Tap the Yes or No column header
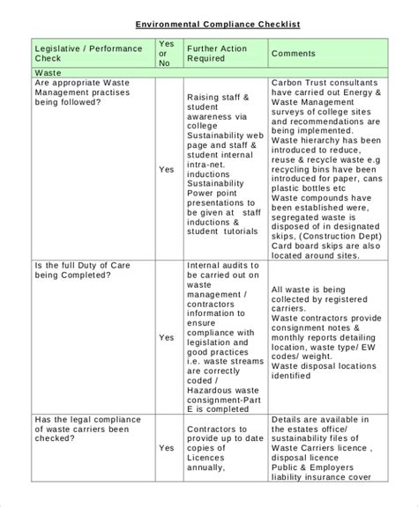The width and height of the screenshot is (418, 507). (x=165, y=53)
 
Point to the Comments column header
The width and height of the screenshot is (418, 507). (x=293, y=54)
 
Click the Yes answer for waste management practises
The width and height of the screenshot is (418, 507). (x=166, y=169)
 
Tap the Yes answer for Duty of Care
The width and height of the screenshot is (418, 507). (x=166, y=336)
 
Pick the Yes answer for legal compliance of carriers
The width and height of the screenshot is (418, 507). (x=166, y=449)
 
